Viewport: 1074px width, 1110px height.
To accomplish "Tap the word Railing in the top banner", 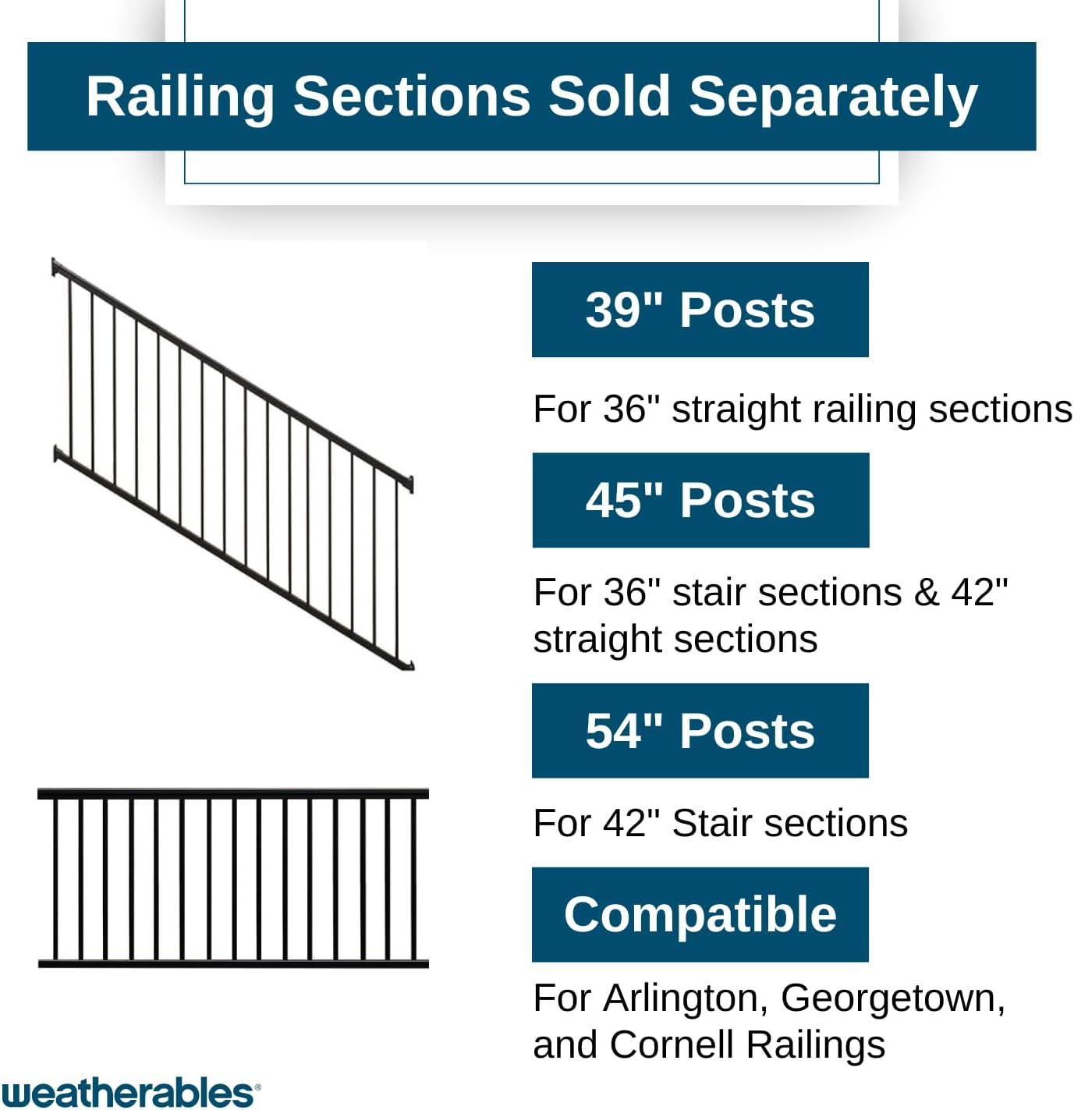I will (179, 98).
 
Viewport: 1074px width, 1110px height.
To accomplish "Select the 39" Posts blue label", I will (700, 310).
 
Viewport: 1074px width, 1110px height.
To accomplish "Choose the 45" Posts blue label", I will (700, 500).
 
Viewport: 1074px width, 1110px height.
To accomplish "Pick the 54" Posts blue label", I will (700, 731).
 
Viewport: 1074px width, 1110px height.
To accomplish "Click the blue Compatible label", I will (700, 914).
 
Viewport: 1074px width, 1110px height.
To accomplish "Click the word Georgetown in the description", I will (892, 998).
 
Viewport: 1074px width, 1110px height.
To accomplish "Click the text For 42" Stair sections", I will (720, 823).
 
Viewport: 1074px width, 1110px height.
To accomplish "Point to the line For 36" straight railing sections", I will (802, 410).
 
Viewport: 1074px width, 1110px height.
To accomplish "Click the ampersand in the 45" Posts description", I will (925, 592).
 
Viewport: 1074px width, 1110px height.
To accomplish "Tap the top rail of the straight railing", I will (232, 793).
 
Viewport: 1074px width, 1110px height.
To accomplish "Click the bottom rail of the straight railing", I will (232, 964).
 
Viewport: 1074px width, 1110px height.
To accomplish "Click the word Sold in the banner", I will (608, 98).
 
